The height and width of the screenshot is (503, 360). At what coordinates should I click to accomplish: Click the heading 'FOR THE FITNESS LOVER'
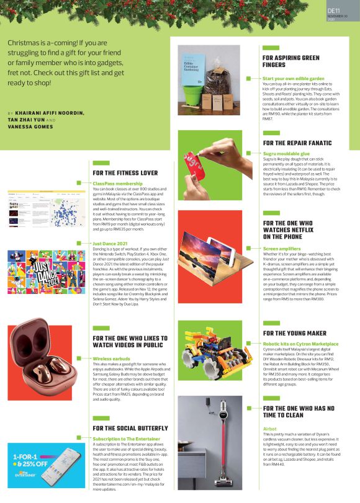point(125,172)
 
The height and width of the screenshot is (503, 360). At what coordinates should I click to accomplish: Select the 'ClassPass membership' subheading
point(117,184)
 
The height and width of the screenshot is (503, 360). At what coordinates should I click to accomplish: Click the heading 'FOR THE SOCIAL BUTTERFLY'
point(130,428)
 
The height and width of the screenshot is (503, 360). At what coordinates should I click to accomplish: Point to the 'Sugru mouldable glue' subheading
point(286,153)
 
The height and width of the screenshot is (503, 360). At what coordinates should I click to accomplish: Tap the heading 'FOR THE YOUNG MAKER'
point(294,333)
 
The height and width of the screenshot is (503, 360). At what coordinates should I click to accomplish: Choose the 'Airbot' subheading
point(269,429)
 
